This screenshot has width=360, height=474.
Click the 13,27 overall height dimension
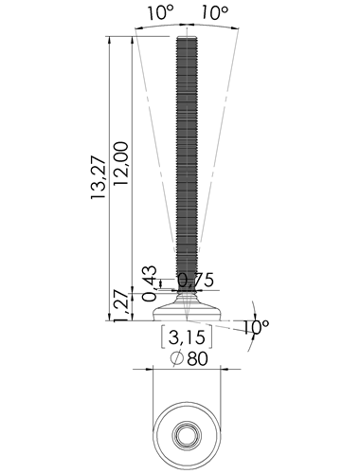point(98,177)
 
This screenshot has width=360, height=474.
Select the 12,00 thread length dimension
point(121,163)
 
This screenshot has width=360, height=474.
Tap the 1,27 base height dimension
point(121,305)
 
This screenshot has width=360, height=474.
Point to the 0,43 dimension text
point(149,283)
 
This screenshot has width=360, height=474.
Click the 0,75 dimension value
point(196,280)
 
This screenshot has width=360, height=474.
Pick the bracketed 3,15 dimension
point(187,337)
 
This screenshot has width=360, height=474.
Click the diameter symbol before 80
point(177,358)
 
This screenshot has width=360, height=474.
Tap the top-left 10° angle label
point(161,13)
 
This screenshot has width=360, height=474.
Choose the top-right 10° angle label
point(215,13)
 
